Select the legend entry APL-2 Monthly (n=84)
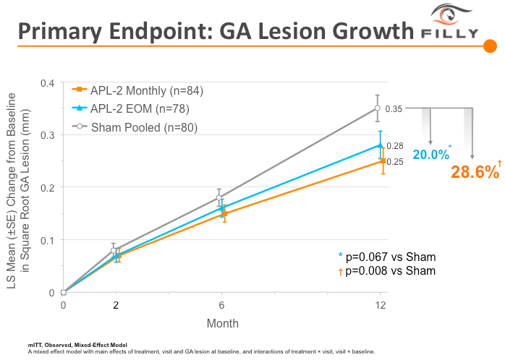pyautogui.click(x=138, y=91)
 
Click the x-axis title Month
pyautogui.click(x=222, y=323)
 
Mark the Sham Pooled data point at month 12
pyautogui.click(x=378, y=108)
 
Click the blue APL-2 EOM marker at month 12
pyautogui.click(x=381, y=145)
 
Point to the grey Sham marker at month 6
pyautogui.click(x=219, y=197)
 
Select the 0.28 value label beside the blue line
pyautogui.click(x=395, y=146)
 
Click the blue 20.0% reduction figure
pyautogui.click(x=430, y=154)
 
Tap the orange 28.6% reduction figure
pyautogui.click(x=475, y=172)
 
